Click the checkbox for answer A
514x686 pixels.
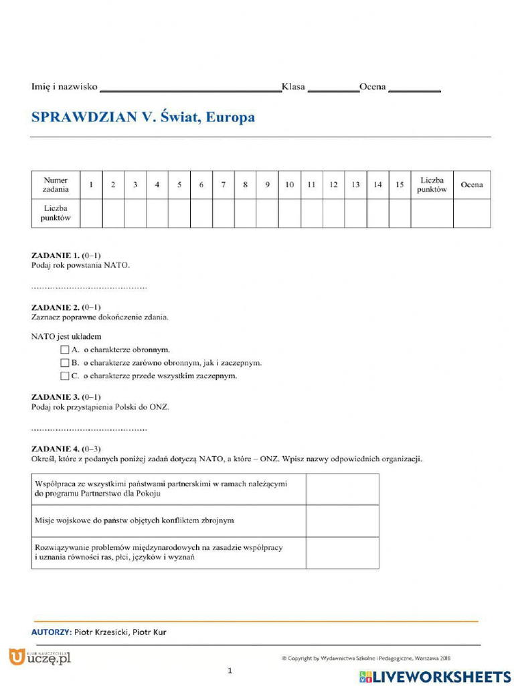click(x=64, y=350)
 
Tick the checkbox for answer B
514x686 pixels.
click(x=64, y=363)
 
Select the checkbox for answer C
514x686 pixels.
click(x=64, y=376)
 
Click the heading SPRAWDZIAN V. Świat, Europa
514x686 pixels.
click(x=143, y=117)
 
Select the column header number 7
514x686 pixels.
click(x=223, y=185)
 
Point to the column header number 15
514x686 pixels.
click(x=400, y=185)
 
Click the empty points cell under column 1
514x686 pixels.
click(x=91, y=213)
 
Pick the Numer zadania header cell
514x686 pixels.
click(x=56, y=185)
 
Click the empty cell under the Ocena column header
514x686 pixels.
click(x=471, y=213)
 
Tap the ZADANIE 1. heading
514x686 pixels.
click(x=56, y=255)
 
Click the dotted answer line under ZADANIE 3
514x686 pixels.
click(x=89, y=429)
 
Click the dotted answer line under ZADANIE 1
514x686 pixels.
click(x=89, y=287)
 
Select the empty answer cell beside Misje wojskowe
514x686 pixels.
click(x=342, y=521)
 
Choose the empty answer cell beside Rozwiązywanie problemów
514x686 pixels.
click(x=342, y=552)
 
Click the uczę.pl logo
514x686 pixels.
click(x=39, y=657)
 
